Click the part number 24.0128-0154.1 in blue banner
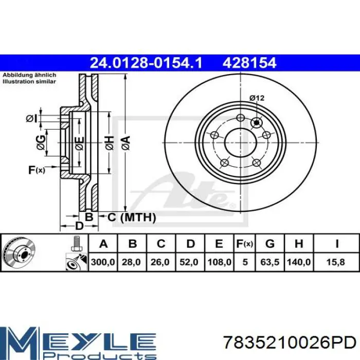click(146, 63)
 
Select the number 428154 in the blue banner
click(249, 63)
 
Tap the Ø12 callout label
click(257, 98)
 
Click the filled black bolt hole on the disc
click(257, 123)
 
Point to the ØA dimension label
click(126, 143)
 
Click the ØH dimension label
click(110, 143)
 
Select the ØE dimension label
click(79, 143)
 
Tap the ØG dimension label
click(41, 142)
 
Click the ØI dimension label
click(31, 119)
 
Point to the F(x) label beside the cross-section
click(37, 170)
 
